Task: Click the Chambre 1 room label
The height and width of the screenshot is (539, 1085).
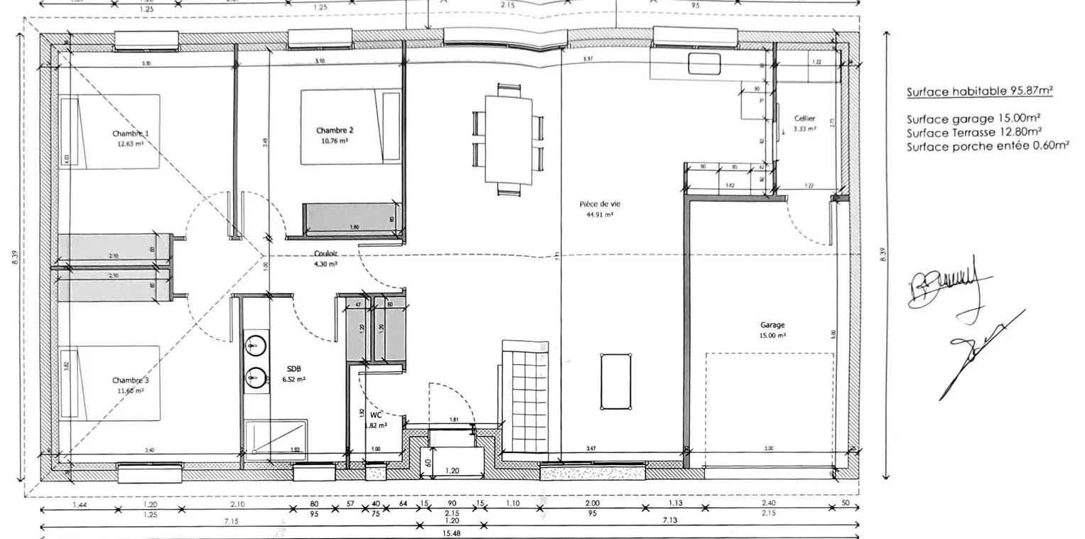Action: [x=130, y=134]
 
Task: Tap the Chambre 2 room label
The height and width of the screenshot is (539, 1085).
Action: [x=334, y=130]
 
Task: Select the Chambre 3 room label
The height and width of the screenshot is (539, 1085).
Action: [x=130, y=380]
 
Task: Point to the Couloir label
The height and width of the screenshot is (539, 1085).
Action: [x=325, y=254]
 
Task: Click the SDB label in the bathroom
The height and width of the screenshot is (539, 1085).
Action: [x=294, y=369]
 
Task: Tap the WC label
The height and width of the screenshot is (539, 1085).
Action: [x=376, y=414]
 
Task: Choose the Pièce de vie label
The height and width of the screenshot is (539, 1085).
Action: [x=595, y=204]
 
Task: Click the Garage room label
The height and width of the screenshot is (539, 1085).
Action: [x=772, y=325]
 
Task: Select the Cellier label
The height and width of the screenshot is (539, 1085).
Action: [x=805, y=118]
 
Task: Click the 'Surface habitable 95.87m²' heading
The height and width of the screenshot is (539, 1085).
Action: [x=979, y=91]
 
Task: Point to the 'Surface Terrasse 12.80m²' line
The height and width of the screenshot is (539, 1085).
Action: [x=974, y=132]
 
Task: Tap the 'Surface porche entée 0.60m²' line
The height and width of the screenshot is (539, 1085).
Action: [x=988, y=146]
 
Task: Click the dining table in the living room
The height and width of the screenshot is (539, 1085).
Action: [x=508, y=139]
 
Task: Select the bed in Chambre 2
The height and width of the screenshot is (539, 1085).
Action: [x=350, y=127]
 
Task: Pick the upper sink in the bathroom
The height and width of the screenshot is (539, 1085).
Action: [x=255, y=346]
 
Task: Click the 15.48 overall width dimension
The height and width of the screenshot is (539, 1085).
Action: [x=449, y=533]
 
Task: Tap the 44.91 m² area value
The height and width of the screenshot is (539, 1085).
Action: [x=595, y=214]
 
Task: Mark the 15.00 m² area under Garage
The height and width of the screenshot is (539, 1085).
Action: [x=772, y=336]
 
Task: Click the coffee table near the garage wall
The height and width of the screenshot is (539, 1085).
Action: [x=615, y=381]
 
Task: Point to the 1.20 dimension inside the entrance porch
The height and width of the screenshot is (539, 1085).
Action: [x=451, y=471]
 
